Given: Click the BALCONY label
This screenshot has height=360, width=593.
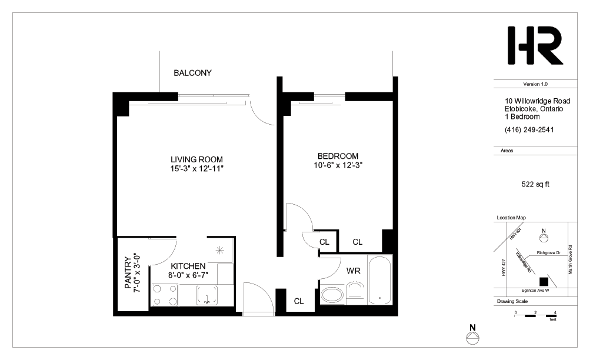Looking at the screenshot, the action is pyautogui.click(x=192, y=73).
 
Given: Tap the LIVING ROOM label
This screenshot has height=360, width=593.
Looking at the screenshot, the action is pyautogui.click(x=196, y=159).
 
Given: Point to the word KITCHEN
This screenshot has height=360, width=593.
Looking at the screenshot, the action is pyautogui.click(x=188, y=266).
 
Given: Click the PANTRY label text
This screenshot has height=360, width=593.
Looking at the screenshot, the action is pyautogui.click(x=128, y=273).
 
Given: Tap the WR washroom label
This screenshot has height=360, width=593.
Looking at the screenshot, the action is pyautogui.click(x=353, y=271).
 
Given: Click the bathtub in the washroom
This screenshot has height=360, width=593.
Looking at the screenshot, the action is pyautogui.click(x=379, y=280).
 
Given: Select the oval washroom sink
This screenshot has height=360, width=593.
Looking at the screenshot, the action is pyautogui.click(x=332, y=296).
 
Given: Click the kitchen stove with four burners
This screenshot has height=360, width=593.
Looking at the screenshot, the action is pyautogui.click(x=165, y=295).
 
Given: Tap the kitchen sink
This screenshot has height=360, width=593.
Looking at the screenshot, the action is pyautogui.click(x=207, y=295).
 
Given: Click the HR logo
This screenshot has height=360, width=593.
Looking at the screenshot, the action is pyautogui.click(x=535, y=45).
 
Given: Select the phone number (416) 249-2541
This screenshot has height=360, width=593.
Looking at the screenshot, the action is pyautogui.click(x=529, y=129).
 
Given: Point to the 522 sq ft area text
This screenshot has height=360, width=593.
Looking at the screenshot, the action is pyautogui.click(x=535, y=185).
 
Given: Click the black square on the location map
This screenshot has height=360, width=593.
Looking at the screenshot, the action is pyautogui.click(x=544, y=282).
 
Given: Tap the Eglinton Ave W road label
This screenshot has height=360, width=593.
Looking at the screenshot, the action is pyautogui.click(x=535, y=291).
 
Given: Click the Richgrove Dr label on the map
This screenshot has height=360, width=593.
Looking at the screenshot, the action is pyautogui.click(x=548, y=252).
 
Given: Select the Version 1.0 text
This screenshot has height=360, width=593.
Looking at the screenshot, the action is pyautogui.click(x=535, y=84).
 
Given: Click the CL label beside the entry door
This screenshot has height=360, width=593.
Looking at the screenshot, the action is pyautogui.click(x=299, y=301).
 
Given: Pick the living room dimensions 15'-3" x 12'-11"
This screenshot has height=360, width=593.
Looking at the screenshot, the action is pyautogui.click(x=196, y=169).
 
